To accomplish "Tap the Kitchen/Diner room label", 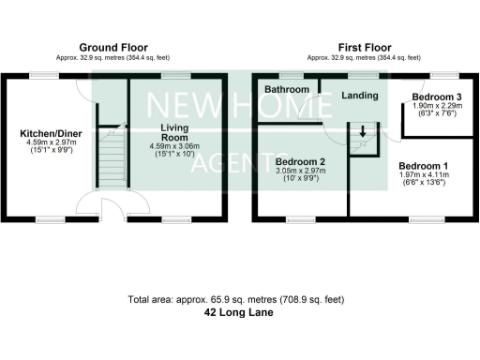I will pos(51,134).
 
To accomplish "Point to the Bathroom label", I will pos(286,90).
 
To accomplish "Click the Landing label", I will pos(360,95).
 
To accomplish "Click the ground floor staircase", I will pos(112,155).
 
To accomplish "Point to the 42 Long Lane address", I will pos(239,314).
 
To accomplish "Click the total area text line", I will pos(239,300).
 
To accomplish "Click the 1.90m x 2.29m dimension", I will pos(437,108).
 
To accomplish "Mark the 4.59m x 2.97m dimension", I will pos(51,144).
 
